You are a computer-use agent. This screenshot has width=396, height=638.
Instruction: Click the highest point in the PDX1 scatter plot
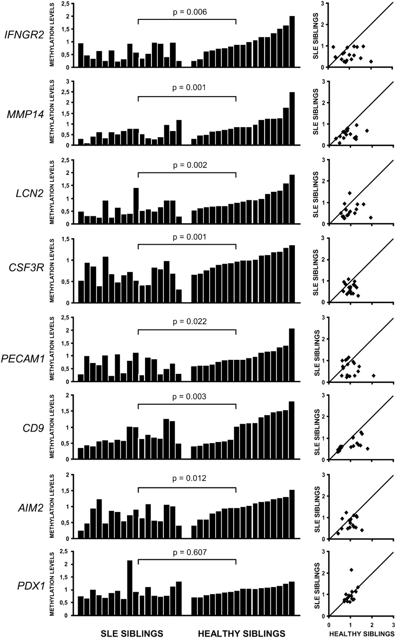coord(351,569)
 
